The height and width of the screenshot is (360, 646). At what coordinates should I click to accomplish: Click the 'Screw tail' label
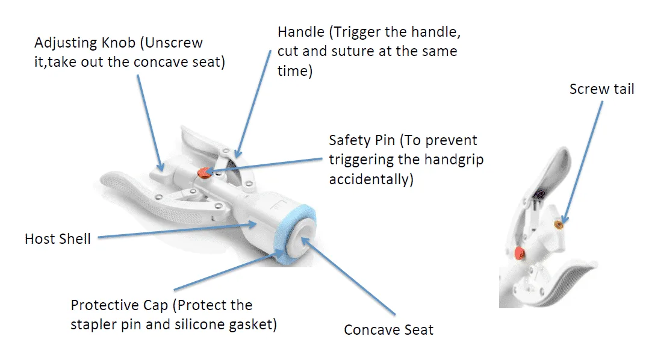pyautogui.click(x=601, y=89)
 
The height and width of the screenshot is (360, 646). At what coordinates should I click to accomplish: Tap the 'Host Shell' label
pyautogui.click(x=58, y=239)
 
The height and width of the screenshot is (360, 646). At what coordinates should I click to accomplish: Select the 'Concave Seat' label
pyautogui.click(x=388, y=329)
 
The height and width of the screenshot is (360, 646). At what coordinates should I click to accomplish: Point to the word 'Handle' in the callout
pyautogui.click(x=301, y=32)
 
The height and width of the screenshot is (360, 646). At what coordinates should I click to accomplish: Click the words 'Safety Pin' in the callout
pyautogui.click(x=362, y=140)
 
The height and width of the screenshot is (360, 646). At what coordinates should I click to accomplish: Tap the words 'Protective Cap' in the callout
pyautogui.click(x=119, y=306)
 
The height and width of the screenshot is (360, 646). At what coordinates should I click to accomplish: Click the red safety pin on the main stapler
pyautogui.click(x=204, y=173)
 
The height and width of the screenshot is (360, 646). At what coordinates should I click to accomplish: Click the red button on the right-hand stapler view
pyautogui.click(x=520, y=252)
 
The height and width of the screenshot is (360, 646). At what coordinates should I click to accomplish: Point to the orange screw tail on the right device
pyautogui.click(x=559, y=225)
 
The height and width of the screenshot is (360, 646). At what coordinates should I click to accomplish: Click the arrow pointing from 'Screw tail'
pyautogui.click(x=582, y=163)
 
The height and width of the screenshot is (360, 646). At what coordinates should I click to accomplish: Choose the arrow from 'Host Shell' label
pyautogui.click(x=177, y=231)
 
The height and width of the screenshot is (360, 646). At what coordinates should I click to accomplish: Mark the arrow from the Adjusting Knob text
pyautogui.click(x=151, y=123)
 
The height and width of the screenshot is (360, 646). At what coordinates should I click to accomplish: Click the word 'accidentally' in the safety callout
pyautogui.click(x=371, y=179)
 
